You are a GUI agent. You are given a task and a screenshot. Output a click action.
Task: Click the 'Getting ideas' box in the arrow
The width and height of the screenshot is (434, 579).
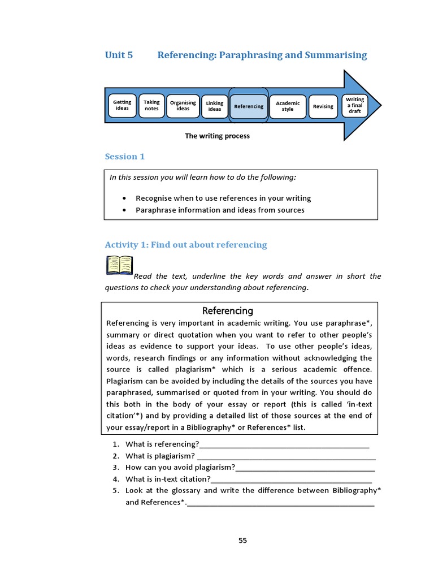(122, 106)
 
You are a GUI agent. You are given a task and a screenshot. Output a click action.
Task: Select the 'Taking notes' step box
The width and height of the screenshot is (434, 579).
(151, 106)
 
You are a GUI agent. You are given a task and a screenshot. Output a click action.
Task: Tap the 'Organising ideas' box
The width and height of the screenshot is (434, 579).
(183, 106)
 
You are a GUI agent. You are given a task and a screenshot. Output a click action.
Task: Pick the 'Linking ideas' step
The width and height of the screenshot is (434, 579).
(215, 106)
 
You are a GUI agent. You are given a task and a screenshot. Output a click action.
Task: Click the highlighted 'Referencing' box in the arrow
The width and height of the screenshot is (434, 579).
(249, 106)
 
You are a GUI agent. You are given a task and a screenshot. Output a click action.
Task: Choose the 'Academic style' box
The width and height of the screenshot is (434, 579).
(288, 106)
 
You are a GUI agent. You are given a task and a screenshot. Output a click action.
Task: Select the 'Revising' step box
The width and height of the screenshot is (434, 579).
(323, 106)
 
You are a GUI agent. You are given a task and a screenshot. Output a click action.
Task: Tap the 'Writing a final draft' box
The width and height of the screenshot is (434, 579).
(355, 106)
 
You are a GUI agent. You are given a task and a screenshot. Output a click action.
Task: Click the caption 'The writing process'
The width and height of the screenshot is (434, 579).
(217, 136)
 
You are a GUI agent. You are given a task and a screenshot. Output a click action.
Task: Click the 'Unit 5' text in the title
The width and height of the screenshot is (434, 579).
(119, 55)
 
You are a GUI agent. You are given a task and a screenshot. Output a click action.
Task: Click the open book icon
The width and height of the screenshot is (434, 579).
(119, 265)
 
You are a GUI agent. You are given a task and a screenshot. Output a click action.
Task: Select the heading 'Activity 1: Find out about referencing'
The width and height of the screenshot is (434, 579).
(186, 245)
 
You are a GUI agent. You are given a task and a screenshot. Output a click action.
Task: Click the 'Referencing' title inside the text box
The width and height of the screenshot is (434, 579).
(228, 311)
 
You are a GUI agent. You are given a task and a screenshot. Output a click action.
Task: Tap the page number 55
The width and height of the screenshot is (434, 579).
(242, 541)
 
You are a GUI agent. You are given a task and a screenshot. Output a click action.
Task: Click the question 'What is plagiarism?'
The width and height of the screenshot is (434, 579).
(160, 456)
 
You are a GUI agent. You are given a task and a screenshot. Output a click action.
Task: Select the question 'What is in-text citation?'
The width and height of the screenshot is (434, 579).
(168, 479)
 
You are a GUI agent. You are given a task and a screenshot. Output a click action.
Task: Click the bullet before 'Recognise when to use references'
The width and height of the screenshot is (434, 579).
(124, 198)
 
